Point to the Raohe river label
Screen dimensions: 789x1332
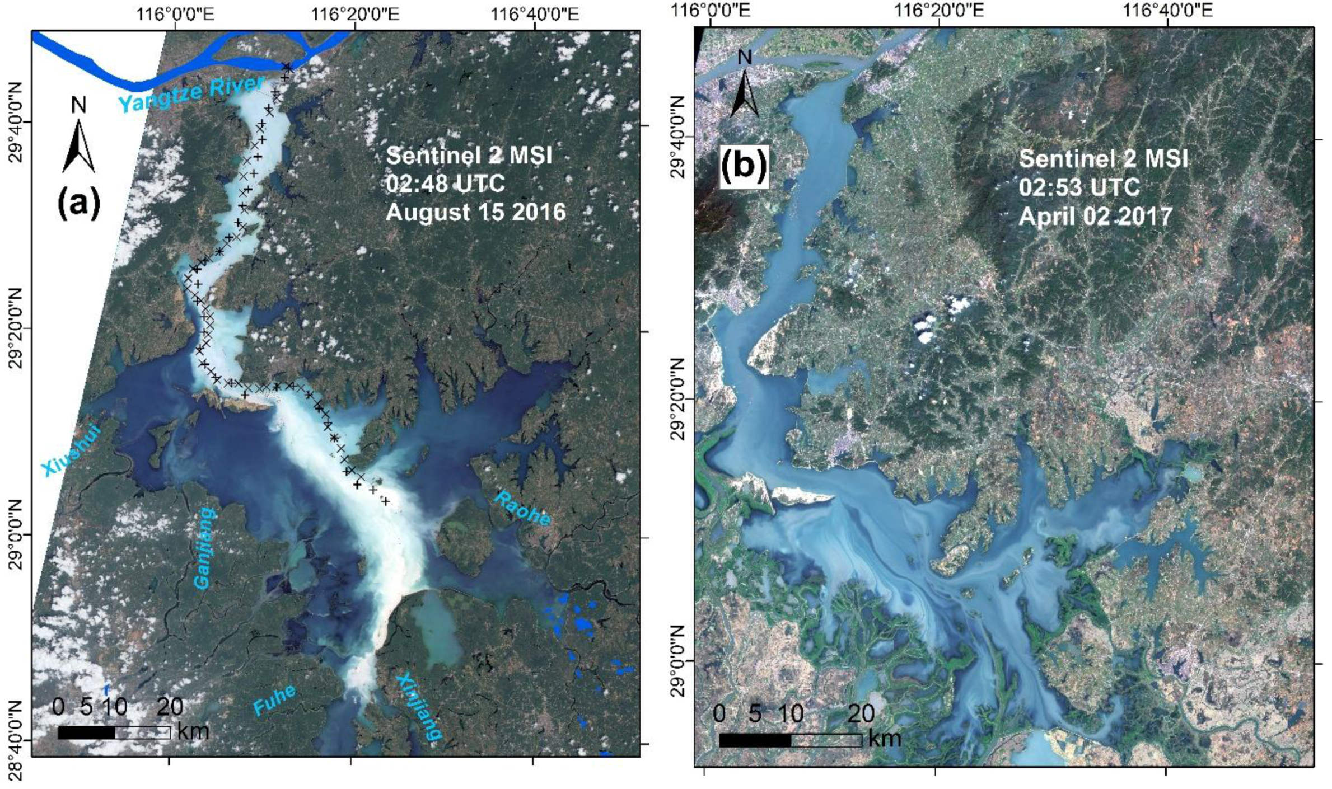pos(522,509)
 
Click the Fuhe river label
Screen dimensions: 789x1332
pos(274,699)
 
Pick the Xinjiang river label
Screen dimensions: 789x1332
pos(419,708)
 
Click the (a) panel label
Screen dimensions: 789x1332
pos(78,204)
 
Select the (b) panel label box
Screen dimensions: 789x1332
pos(743,167)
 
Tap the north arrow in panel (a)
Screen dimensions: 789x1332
pos(78,137)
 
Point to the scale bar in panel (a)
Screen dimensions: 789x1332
pos(114,732)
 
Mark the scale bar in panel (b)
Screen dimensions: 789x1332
pos(790,740)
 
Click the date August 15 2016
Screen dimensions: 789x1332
pos(476,213)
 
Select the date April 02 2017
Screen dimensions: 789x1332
pos(1095,216)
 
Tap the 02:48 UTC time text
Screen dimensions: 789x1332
pos(445,184)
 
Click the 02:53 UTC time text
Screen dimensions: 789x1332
pos(1079,187)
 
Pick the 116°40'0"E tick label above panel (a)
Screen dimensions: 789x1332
pos(535,14)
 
